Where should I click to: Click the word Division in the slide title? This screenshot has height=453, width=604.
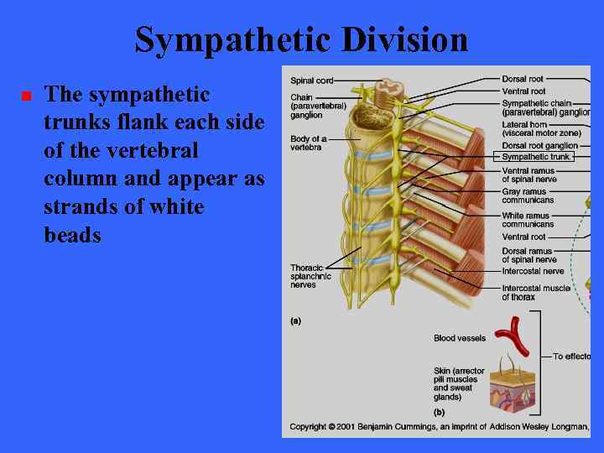coord(398,39)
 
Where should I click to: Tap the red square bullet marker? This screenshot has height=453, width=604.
coord(26,96)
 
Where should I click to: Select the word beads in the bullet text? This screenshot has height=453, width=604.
coord(72,235)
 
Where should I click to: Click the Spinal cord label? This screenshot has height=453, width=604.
coord(311,81)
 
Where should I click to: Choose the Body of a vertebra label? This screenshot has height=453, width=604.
coord(309,143)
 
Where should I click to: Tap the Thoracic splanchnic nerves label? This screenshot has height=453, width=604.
coord(310,276)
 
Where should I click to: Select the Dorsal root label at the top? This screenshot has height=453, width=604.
coord(523,79)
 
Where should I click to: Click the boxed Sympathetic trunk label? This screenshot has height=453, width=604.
coord(535,157)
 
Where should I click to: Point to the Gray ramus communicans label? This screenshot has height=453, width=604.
coord(528,196)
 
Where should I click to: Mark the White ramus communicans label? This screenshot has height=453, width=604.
coord(528,220)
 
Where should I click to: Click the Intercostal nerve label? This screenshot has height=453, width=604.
coord(533,271)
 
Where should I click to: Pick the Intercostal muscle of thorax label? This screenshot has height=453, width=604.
coord(535,292)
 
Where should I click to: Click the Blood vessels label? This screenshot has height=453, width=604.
coord(459,339)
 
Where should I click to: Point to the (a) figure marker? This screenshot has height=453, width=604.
coord(295,320)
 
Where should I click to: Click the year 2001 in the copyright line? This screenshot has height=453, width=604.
coord(340,427)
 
